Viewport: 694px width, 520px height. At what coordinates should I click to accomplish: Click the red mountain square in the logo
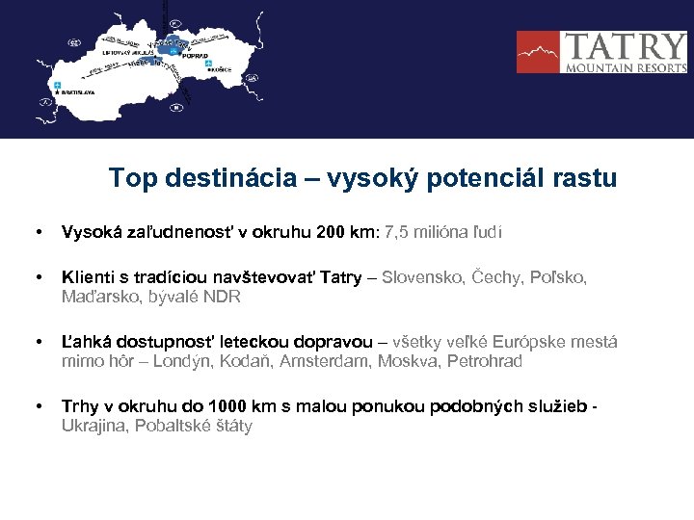coord(539,52)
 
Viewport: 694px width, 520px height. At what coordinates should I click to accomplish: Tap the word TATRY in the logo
coord(624,46)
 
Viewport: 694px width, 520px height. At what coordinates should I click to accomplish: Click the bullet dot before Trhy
coord(37,406)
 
